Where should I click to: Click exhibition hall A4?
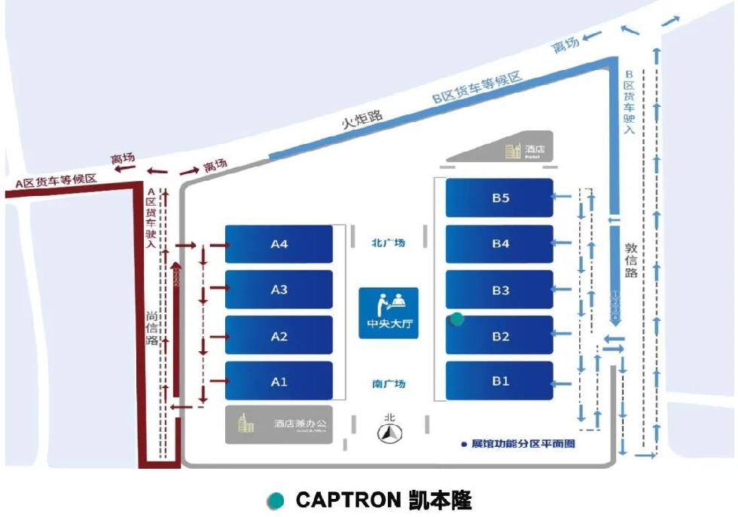coord(279,243)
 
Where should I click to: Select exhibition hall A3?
coord(279,289)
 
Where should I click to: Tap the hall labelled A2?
coord(279,335)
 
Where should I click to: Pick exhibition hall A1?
coord(279,381)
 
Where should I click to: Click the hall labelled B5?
coord(500,197)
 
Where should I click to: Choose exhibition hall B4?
coord(500,243)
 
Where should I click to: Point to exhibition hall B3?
coord(500,290)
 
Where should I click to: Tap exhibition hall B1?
coord(500,381)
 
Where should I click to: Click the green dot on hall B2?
coord(456,320)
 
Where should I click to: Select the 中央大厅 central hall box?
coord(388,313)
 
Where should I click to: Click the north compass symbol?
coord(389,431)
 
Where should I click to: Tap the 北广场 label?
coord(388,243)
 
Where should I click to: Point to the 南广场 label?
coord(388,384)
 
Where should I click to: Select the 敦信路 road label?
coord(631,259)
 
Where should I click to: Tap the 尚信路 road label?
coord(152,329)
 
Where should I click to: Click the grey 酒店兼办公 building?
coord(279,424)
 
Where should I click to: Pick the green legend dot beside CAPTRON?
coord(276,500)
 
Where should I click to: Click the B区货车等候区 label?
coord(477,88)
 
